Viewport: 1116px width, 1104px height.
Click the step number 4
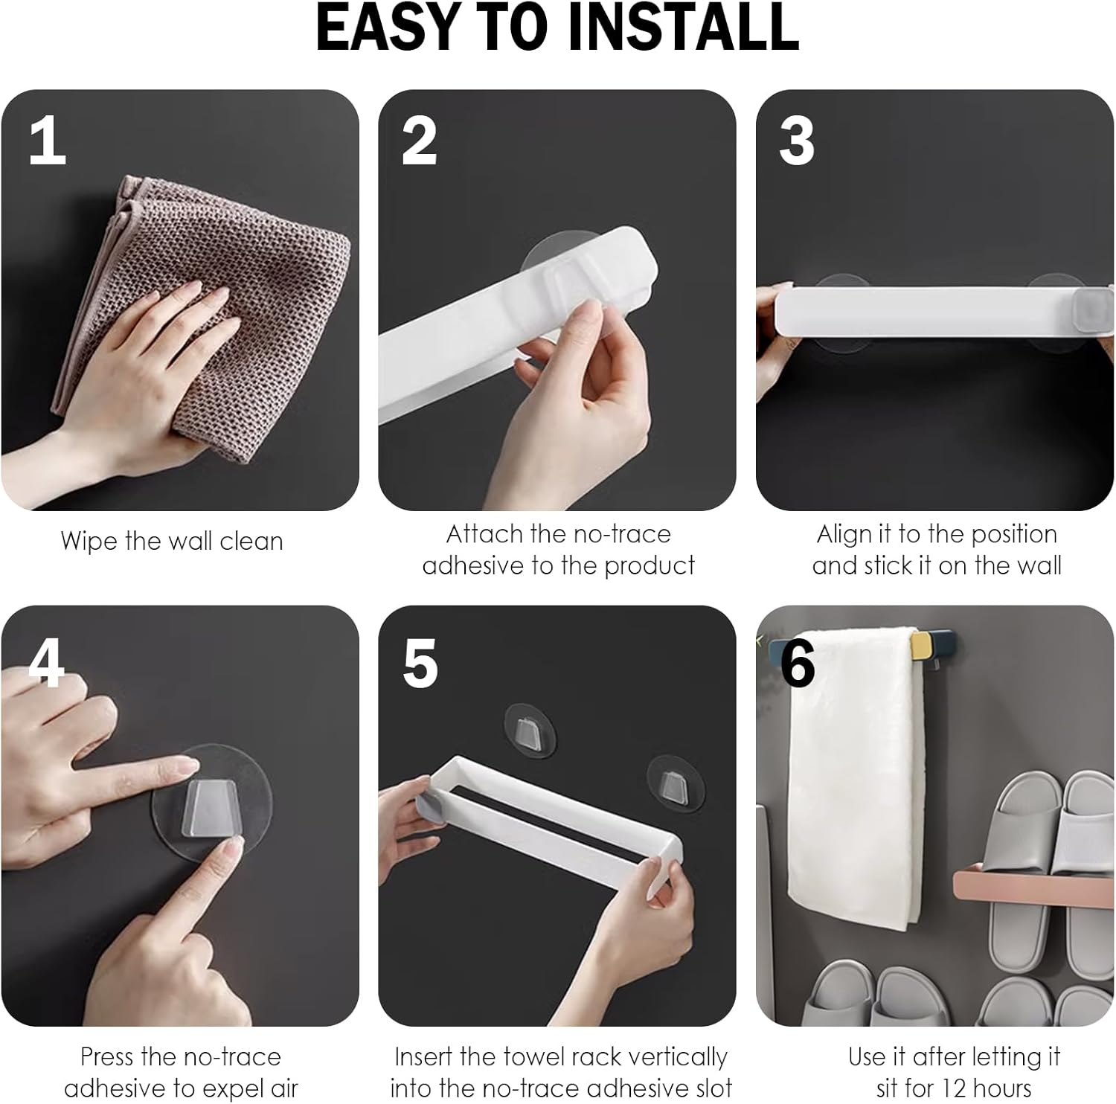click(x=47, y=663)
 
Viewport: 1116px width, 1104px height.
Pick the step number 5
click(x=420, y=664)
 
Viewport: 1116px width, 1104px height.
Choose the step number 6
click(x=798, y=664)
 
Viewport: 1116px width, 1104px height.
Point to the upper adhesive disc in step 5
click(x=530, y=729)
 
